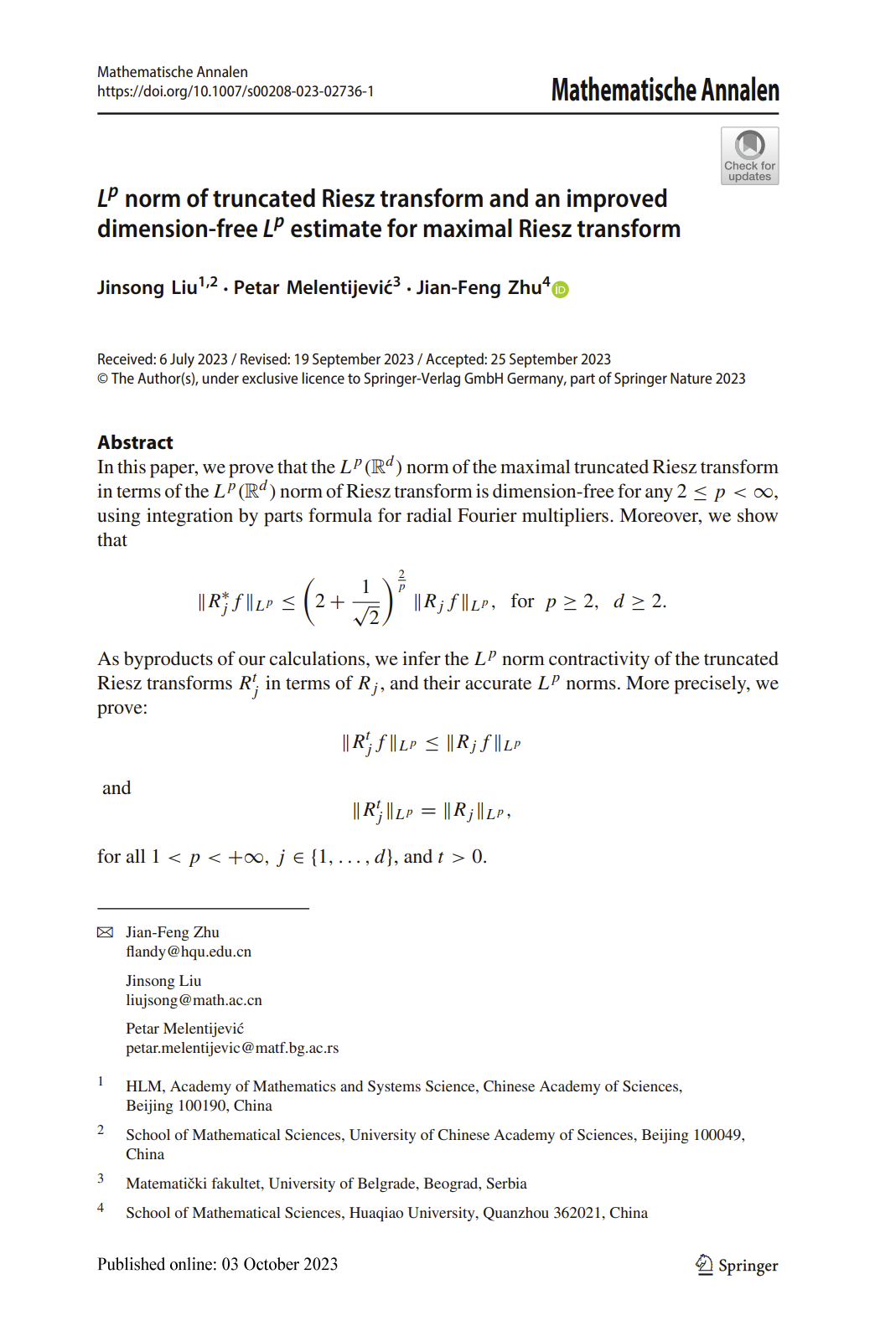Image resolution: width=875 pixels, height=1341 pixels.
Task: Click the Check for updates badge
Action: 749,156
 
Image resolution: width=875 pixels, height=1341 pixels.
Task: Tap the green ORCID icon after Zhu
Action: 561,290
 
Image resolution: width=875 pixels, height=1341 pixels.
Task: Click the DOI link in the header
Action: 236,91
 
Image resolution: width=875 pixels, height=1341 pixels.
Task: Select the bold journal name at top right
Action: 665,90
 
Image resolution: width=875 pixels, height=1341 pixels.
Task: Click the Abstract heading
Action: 135,442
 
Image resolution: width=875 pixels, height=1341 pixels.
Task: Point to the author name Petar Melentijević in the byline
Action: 313,288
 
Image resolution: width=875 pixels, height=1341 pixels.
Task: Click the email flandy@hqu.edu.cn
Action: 189,952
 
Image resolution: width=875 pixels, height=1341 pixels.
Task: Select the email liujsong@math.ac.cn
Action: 194,1000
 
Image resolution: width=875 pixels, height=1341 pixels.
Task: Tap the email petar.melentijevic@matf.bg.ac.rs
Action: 232,1048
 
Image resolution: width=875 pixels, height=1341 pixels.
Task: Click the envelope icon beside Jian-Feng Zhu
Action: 105,932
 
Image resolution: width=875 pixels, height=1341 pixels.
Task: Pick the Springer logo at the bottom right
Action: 737,1265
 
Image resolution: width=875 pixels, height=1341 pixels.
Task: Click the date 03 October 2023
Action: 279,1264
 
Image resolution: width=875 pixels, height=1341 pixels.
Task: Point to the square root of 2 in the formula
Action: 367,616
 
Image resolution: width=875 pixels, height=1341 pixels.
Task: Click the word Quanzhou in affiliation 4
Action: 515,1213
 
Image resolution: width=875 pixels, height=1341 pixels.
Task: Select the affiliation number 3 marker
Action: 101,1179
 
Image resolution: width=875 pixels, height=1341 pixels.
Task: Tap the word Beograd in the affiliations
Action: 451,1184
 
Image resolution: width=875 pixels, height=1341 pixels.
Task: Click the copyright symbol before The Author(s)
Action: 102,379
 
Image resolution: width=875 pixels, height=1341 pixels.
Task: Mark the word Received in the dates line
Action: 126,359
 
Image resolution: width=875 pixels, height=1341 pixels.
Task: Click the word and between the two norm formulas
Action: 116,788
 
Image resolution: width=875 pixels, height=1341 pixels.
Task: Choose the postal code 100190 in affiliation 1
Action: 201,1106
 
